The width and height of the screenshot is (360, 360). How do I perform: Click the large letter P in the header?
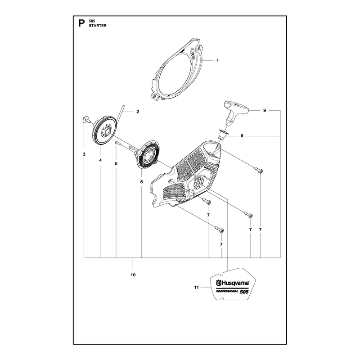(81, 23)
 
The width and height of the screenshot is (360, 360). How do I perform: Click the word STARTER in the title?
(98, 26)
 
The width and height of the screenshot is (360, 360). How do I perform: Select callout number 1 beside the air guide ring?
(217, 61)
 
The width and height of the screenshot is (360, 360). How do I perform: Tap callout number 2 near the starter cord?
(138, 112)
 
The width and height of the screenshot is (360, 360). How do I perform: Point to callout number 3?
(84, 154)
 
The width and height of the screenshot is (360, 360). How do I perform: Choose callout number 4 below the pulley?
(100, 160)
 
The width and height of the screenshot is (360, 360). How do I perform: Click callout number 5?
(116, 163)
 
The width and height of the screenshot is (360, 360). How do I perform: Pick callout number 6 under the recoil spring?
(141, 182)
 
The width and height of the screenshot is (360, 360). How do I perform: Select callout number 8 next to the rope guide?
(242, 136)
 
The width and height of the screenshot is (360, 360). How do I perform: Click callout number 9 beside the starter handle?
(265, 110)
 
